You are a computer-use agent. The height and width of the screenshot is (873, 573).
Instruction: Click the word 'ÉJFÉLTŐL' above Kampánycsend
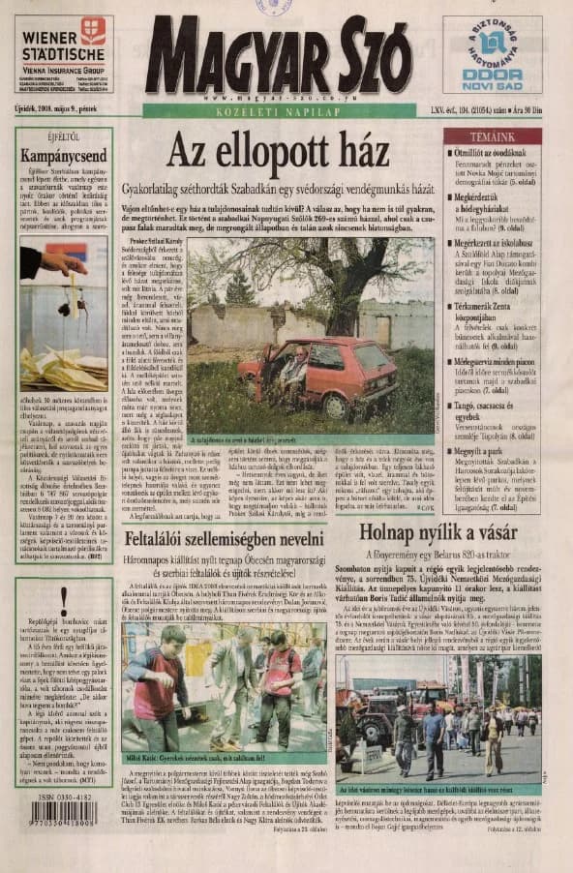click(x=64, y=136)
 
